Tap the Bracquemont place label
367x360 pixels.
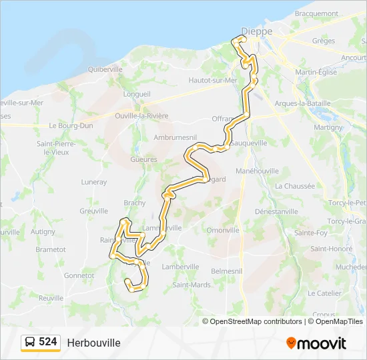point(316,13)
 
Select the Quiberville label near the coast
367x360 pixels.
point(105,69)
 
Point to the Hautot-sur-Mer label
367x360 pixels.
point(213,80)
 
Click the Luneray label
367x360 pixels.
point(94,181)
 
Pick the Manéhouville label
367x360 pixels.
point(257,171)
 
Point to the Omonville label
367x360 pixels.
point(223,230)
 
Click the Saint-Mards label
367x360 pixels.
point(192,285)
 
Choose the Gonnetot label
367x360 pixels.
point(79,275)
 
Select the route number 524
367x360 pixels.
point(48,342)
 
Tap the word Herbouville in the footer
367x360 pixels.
point(93,343)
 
